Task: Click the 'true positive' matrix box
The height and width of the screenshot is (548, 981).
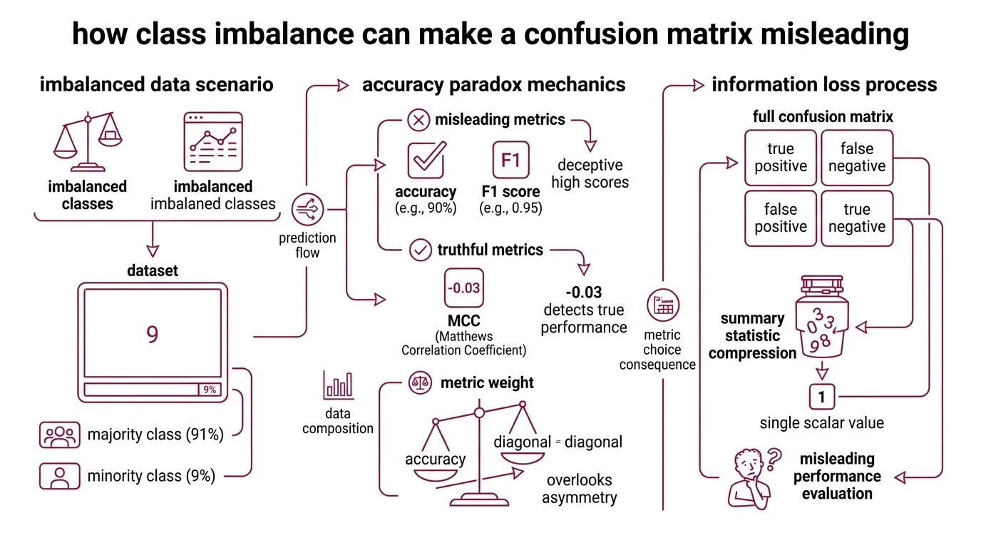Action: click(x=780, y=158)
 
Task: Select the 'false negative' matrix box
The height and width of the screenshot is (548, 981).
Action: click(x=857, y=158)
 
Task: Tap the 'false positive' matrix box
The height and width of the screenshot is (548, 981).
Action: click(x=780, y=218)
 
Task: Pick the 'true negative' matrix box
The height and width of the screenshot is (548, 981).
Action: click(x=857, y=218)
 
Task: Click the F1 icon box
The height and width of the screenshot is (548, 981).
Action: click(x=510, y=161)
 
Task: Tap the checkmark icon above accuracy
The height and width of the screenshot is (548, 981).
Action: click(x=426, y=160)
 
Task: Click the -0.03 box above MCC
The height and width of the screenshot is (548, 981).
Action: click(x=463, y=288)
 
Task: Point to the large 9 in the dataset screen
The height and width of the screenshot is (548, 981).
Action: click(x=152, y=335)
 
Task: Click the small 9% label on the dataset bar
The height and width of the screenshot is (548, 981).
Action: click(x=210, y=390)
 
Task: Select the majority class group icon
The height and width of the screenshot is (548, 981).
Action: click(x=60, y=435)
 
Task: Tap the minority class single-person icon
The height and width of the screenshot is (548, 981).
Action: click(x=60, y=476)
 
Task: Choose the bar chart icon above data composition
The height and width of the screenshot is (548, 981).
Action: click(x=338, y=385)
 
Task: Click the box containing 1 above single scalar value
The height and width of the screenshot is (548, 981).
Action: click(x=821, y=396)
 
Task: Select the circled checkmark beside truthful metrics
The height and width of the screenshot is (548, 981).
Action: click(x=421, y=250)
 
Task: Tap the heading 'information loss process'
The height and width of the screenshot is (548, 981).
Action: click(x=824, y=85)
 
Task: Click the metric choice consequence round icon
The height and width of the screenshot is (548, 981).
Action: click(x=663, y=306)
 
